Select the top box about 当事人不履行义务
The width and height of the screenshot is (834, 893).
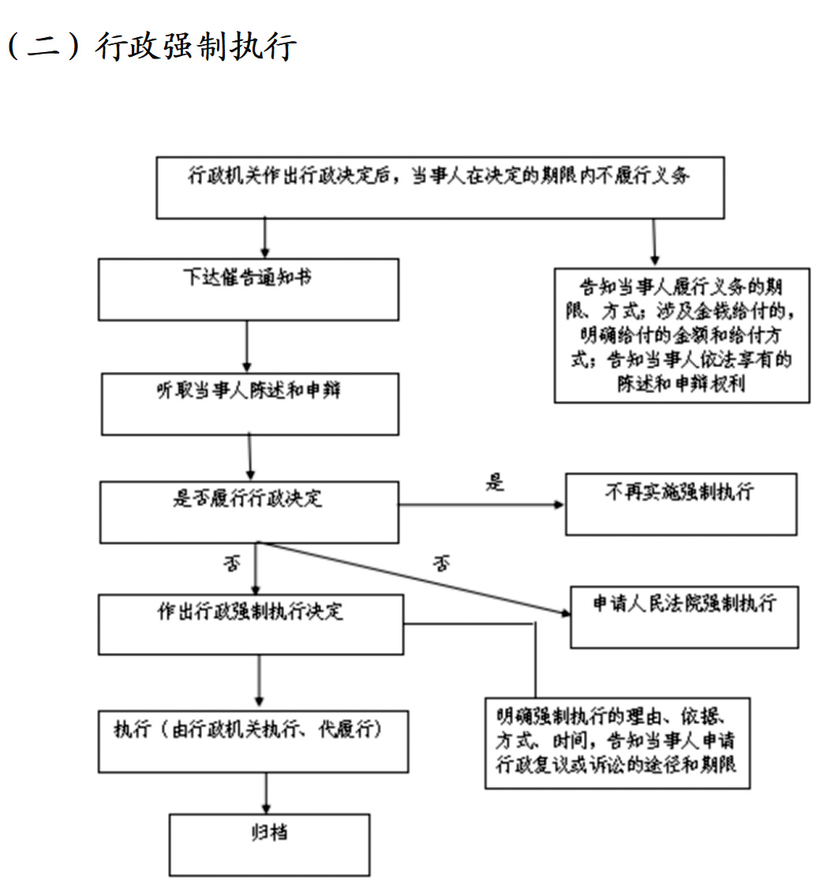pos(439,187)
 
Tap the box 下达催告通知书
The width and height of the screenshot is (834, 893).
pos(248,288)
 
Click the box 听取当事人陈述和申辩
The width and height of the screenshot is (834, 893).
pos(249,403)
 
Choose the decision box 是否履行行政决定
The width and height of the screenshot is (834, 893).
pos(249,512)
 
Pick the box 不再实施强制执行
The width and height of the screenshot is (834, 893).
pos(680,505)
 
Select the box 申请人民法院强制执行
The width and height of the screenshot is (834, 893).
pos(683,617)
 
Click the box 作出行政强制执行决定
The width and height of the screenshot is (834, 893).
pos(250,625)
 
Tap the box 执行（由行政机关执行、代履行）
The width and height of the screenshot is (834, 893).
pos(252,741)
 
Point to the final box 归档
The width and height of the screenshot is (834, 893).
pos(269,844)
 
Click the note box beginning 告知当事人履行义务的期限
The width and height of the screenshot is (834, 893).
pos(681,335)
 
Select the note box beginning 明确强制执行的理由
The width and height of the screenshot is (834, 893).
pos(617,742)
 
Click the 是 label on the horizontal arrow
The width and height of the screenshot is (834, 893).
pos(495,482)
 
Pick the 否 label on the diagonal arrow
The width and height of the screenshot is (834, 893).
pos(442,564)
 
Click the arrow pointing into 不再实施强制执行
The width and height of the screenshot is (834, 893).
pos(481,505)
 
